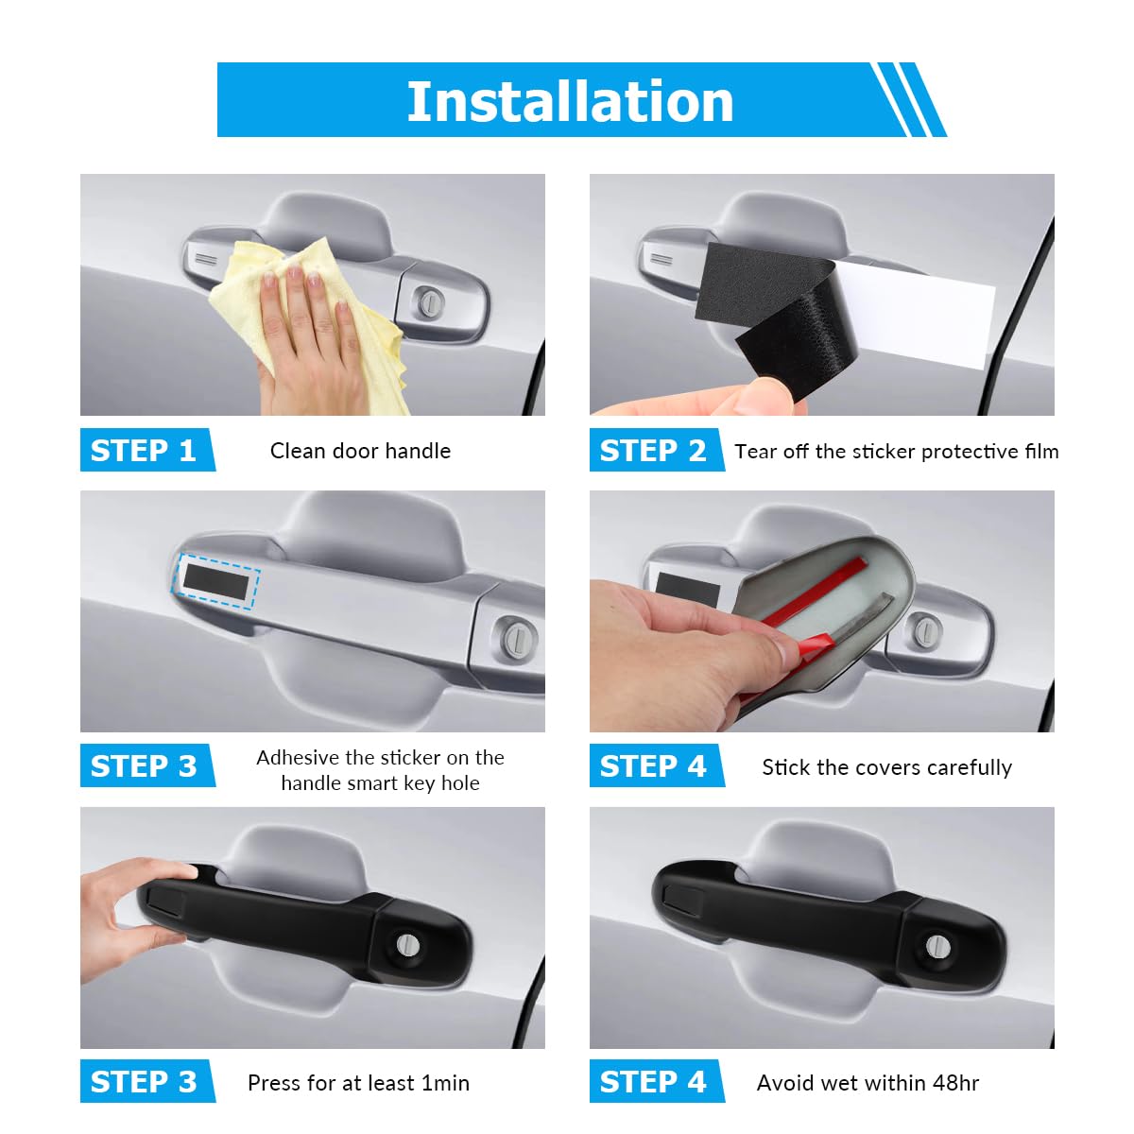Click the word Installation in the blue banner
(x=570, y=101)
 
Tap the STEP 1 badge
(x=144, y=451)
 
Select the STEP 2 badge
(x=653, y=451)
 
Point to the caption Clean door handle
(x=360, y=451)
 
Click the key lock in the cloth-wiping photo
(x=431, y=302)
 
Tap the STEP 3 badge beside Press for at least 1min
(x=144, y=1082)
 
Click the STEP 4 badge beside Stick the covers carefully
(x=653, y=766)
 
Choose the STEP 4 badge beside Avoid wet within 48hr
(x=653, y=1082)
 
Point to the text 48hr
(x=955, y=1083)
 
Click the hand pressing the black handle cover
(x=128, y=917)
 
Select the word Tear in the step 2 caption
(x=755, y=452)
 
